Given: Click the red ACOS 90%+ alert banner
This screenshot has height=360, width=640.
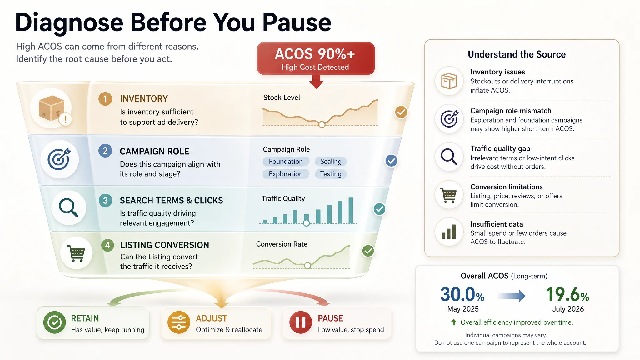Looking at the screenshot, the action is [316, 58].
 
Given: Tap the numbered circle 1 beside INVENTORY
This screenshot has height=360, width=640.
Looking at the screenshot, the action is [105, 99].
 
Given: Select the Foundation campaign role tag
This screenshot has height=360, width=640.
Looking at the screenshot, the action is [286, 162].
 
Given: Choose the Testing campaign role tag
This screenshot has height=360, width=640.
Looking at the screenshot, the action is [331, 174].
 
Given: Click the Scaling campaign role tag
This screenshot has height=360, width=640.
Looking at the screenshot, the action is [331, 162].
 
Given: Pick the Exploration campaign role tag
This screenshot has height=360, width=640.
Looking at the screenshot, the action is [286, 174].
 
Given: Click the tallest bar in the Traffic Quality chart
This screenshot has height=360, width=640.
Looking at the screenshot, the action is [351, 211].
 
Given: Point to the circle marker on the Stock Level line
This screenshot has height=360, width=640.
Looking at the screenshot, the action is [322, 124].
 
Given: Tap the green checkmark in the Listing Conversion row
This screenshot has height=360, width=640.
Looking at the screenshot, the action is [368, 251].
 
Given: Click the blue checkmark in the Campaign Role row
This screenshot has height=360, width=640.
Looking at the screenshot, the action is [391, 161].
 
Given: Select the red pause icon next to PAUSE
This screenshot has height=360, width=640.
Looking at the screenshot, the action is [301, 322].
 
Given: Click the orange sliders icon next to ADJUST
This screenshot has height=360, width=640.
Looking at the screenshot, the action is [179, 322].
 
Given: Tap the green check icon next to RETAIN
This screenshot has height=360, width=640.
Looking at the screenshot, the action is [55, 322].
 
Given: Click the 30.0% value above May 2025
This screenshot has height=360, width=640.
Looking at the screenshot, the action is [462, 294].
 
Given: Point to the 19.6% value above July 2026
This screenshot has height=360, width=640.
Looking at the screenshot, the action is [567, 294].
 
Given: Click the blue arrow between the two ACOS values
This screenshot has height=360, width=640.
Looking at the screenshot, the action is [512, 296].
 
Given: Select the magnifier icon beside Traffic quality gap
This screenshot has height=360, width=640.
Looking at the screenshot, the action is [449, 157].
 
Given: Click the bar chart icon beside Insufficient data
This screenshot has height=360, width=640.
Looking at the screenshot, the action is [449, 232].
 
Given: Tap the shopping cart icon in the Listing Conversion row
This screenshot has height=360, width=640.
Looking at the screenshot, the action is [77, 253].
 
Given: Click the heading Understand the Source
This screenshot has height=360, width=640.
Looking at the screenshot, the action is [517, 54].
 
